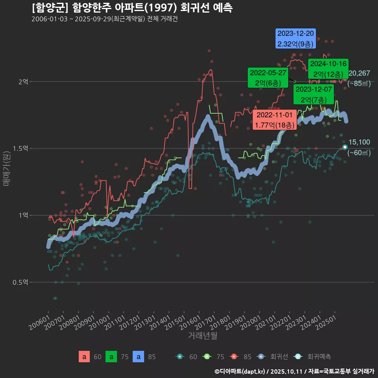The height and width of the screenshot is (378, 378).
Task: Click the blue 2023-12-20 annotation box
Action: pyautogui.click(x=296, y=39)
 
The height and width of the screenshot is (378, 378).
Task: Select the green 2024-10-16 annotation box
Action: pyautogui.click(x=328, y=69)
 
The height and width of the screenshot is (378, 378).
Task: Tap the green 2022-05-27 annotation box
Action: pyautogui.click(x=268, y=78)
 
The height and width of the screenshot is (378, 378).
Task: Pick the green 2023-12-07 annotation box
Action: pyautogui.click(x=314, y=94)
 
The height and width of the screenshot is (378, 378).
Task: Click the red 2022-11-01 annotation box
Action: pyautogui.click(x=274, y=120)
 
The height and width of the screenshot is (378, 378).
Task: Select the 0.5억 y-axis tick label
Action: pyautogui.click(x=20, y=282)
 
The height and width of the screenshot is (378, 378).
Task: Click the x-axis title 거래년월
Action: pyautogui.click(x=202, y=335)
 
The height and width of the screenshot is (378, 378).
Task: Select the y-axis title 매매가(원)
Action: pyautogui.click(x=6, y=168)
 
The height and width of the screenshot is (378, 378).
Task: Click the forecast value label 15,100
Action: pyautogui.click(x=359, y=142)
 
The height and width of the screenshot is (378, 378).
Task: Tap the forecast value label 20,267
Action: pyautogui.click(x=359, y=73)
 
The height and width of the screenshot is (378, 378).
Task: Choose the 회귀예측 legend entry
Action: pyautogui.click(x=319, y=357)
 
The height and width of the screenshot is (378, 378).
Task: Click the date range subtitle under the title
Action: pyautogui.click(x=104, y=19)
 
